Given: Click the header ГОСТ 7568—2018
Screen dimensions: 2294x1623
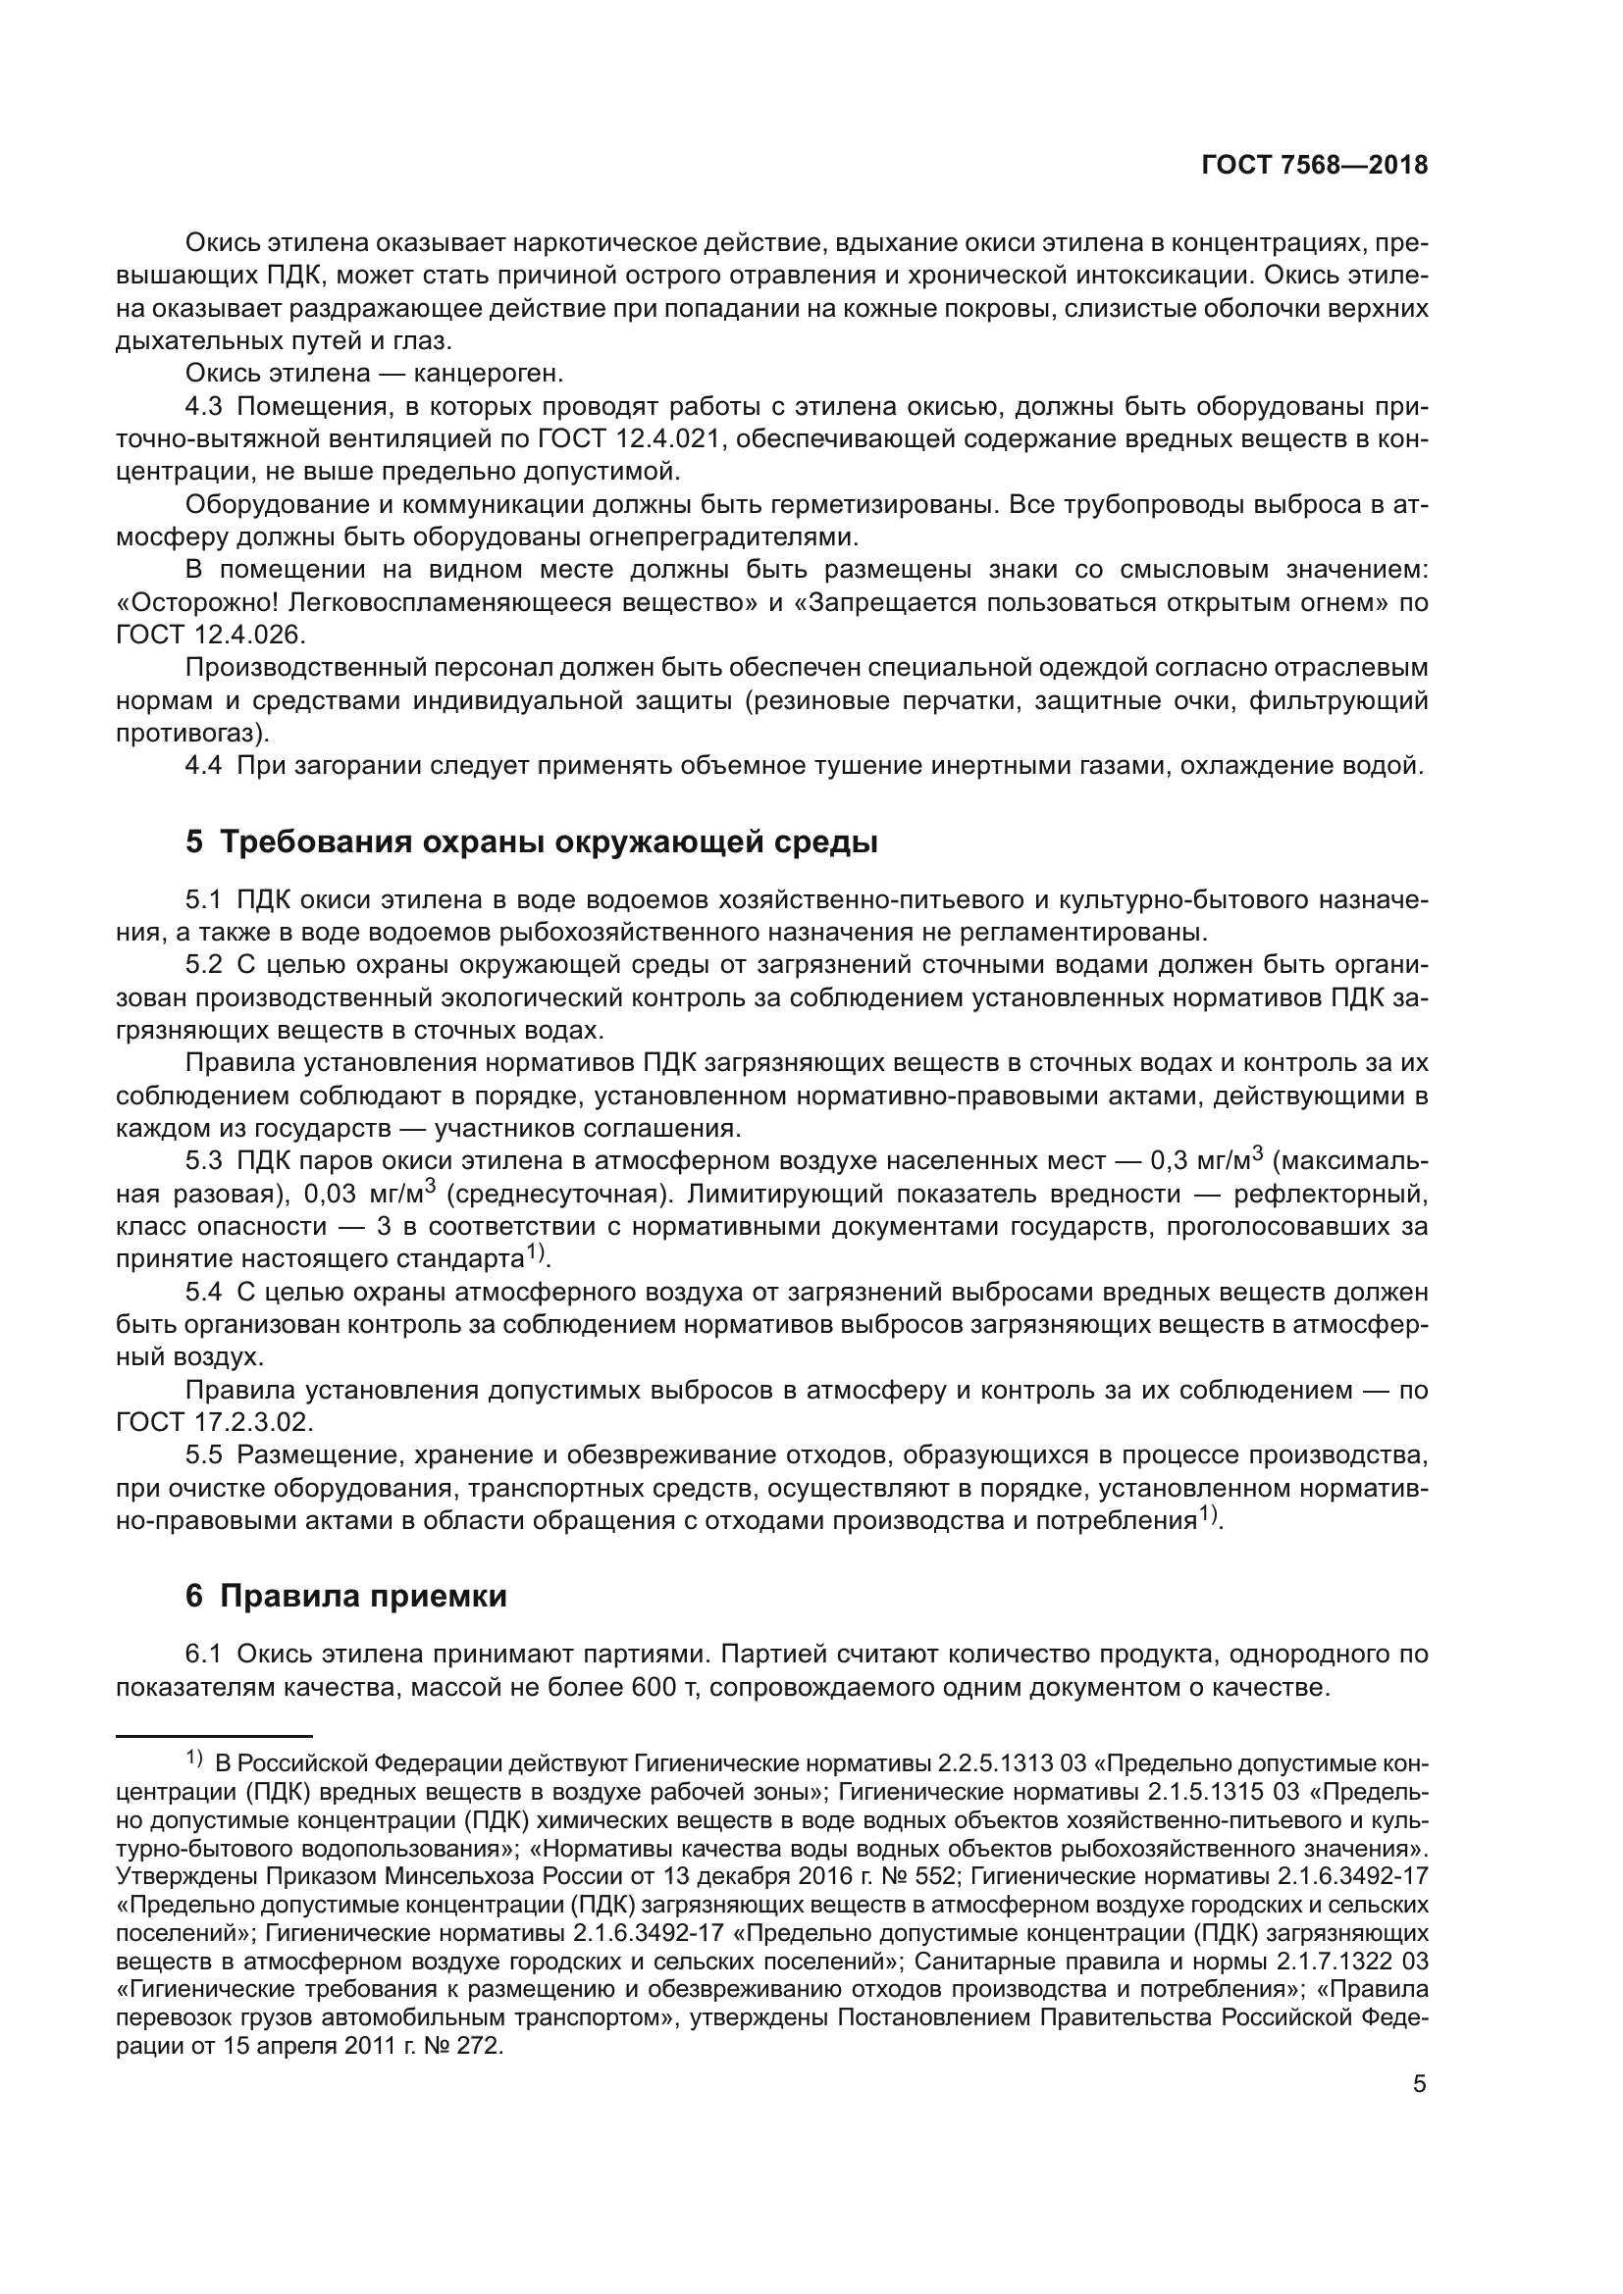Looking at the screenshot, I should (x=1313, y=166).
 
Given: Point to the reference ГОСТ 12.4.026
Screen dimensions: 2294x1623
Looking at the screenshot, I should (x=211, y=635).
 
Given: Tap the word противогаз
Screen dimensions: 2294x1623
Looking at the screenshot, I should (x=188, y=733).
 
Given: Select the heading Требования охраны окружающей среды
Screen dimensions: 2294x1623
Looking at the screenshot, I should (x=548, y=842).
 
